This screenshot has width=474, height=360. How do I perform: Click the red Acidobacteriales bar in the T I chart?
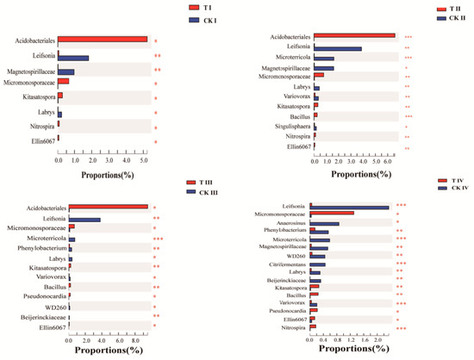102,39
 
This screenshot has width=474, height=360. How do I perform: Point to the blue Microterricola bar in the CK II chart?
325,59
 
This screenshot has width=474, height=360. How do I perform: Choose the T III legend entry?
208,183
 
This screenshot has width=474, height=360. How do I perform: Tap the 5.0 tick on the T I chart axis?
143,159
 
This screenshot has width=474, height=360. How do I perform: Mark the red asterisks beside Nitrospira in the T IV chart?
402,328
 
